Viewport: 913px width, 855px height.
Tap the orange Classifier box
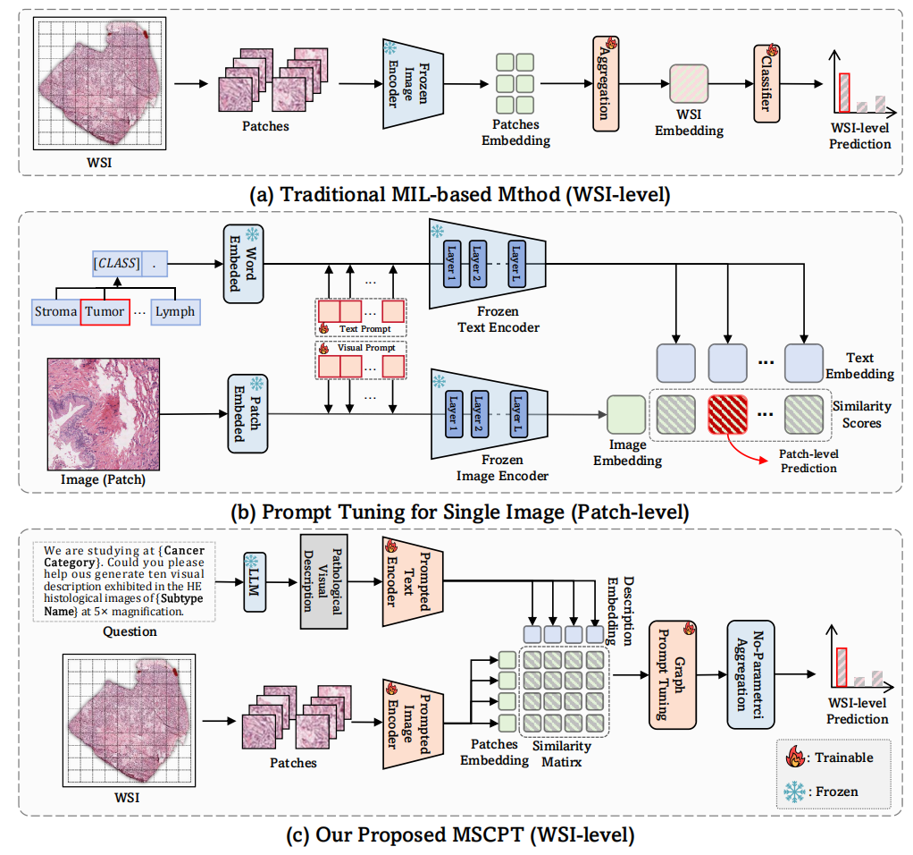766,86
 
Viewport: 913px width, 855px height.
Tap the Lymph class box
174,312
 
